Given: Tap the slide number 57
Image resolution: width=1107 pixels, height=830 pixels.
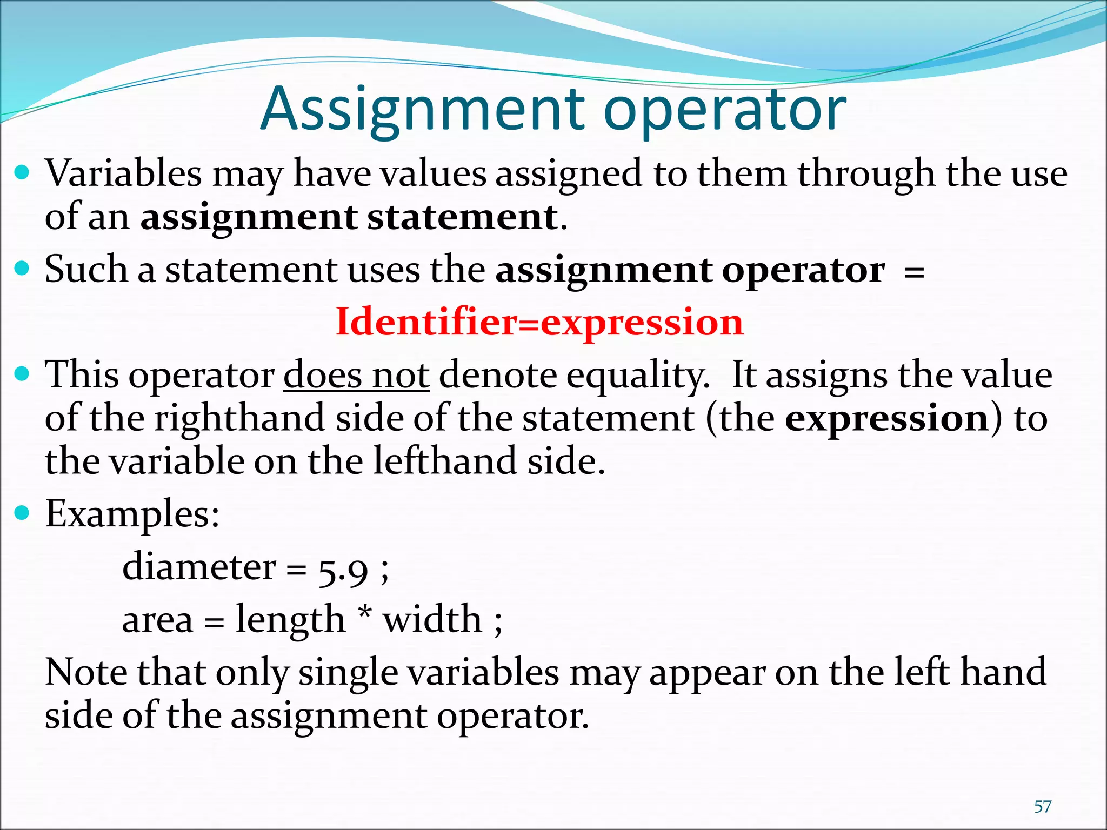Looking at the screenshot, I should coord(1042,807).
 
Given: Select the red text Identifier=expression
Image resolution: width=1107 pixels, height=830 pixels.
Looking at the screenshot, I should coord(539,322).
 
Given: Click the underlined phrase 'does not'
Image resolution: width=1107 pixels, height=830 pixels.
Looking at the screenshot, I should coord(356,375).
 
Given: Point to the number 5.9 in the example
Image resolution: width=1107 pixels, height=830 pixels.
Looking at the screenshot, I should coord(343,570).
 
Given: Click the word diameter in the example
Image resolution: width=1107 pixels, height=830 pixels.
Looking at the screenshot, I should coord(199,567).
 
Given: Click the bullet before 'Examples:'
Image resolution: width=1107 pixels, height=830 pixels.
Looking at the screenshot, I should coord(22,512).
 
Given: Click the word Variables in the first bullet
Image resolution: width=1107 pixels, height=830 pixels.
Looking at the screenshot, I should coord(123,174).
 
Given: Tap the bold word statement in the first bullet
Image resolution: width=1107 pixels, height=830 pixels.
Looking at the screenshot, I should coord(462,217).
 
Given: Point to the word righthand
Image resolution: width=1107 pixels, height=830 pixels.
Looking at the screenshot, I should coord(239,419).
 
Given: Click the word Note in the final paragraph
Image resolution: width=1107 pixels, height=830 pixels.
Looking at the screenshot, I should coord(86,672).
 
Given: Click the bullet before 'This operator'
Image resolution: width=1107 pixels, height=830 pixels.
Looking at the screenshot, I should coord(22,373).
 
